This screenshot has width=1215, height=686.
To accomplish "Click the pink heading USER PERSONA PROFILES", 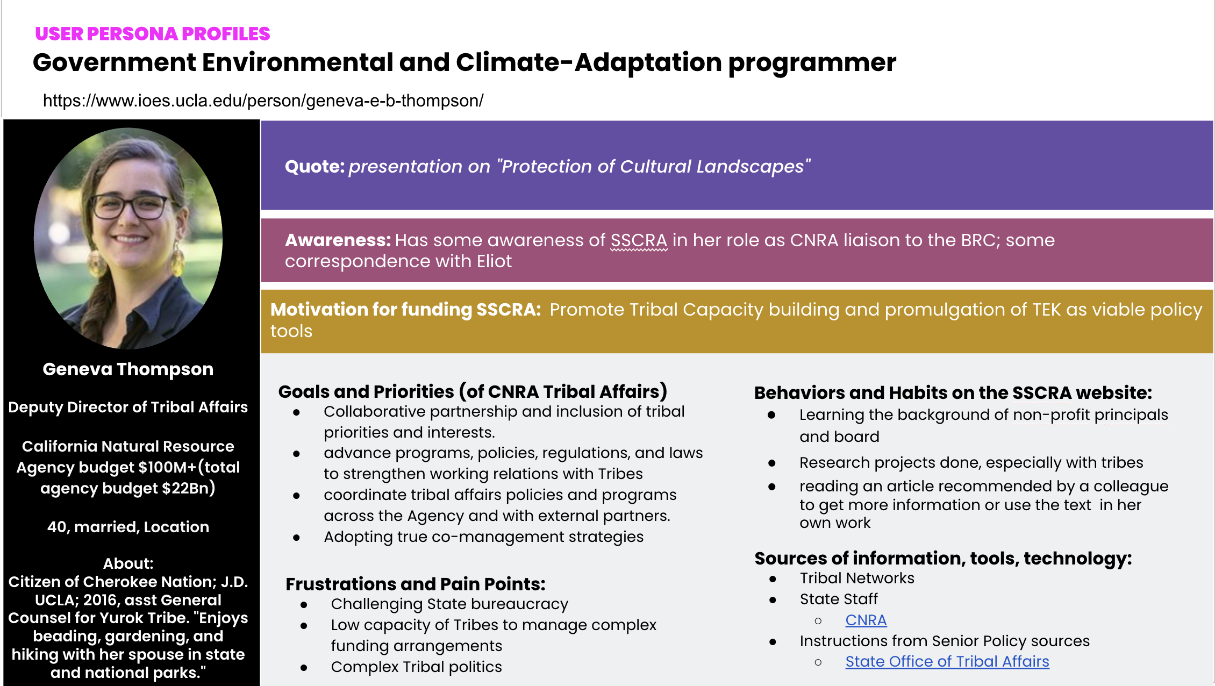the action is (152, 34).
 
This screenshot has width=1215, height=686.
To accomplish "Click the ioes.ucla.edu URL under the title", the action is (263, 101).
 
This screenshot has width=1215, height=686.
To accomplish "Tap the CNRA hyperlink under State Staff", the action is (866, 620).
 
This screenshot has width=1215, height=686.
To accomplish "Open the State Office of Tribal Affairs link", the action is (947, 661).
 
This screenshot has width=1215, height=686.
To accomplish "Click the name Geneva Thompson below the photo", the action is (128, 369).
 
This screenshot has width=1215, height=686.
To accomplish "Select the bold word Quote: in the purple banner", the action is (315, 167).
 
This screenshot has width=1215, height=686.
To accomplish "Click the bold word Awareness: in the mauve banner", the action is (338, 240).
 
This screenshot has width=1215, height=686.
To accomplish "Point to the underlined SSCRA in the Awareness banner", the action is (639, 240).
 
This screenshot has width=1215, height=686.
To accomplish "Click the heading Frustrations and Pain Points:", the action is (415, 584).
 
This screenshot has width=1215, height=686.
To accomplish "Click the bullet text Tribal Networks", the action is (856, 578).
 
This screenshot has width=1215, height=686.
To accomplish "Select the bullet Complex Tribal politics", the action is (416, 667).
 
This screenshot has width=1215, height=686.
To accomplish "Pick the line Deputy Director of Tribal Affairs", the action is (128, 407).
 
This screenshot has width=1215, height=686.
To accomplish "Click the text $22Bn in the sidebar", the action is (188, 488).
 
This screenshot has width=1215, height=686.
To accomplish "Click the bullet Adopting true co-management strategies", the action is (483, 537).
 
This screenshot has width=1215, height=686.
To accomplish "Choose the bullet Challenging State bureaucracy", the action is (449, 604).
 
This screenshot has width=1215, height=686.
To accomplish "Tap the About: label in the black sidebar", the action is (128, 563).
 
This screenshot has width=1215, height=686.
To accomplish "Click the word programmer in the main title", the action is (812, 63).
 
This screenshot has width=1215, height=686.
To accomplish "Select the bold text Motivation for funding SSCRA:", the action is (405, 310).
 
